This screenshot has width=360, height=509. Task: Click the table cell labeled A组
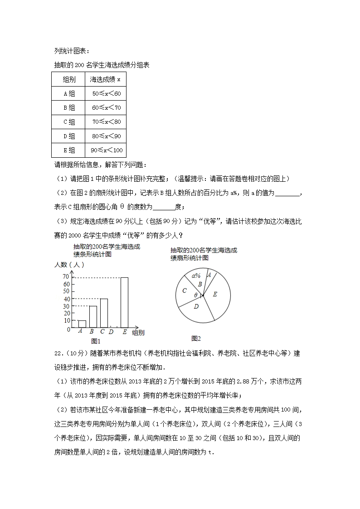point(68,94)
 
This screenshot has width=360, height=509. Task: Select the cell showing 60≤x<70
point(106,108)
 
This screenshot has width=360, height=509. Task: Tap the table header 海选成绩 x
point(106,80)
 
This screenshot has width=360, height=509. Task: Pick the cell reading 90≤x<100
point(106,150)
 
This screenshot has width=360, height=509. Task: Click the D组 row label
point(68,136)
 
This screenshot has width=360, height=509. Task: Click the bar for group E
point(124,302)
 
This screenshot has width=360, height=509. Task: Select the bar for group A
point(82,324)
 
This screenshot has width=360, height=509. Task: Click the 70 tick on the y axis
point(66,277)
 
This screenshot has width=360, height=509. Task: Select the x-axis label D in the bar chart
point(111,332)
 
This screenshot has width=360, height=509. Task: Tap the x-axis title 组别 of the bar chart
point(138,333)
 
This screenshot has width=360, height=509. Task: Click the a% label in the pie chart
point(196,275)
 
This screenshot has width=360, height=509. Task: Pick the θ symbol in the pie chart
point(196,295)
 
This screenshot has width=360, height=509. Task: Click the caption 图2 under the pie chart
point(196,338)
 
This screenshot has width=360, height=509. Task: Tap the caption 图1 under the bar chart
point(96,341)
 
